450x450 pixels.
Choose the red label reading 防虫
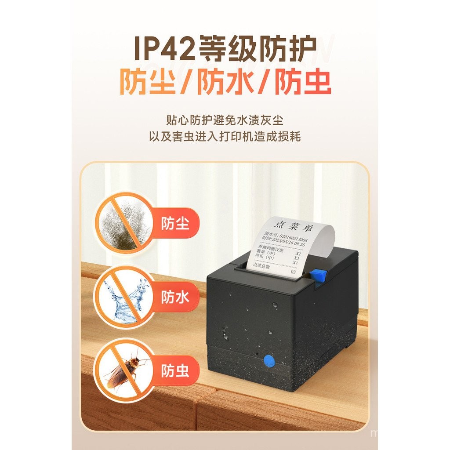tap(175, 370)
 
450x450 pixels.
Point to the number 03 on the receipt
tap(294, 272)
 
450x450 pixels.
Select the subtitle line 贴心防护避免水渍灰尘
tap(225, 119)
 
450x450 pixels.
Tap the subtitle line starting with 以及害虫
tap(225, 137)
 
